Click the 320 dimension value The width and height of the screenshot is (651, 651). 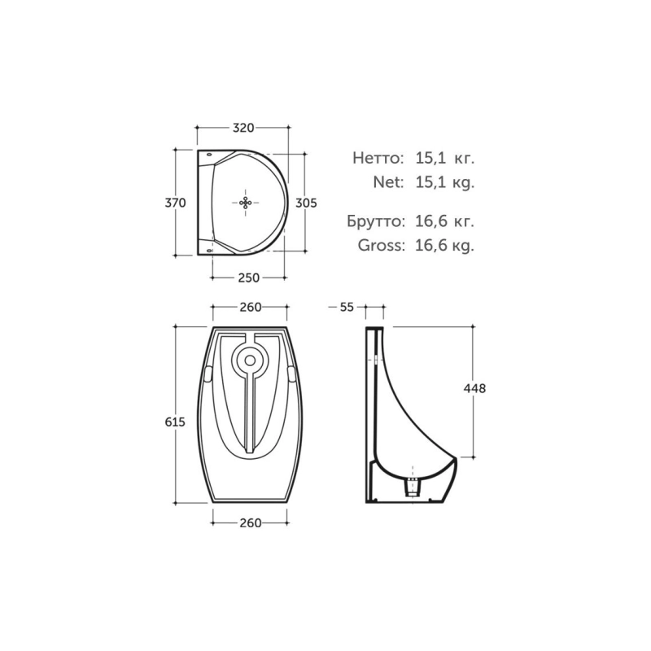coord(242,128)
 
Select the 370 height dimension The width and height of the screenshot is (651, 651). coord(176,203)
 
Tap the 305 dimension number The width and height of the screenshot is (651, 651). coord(306,203)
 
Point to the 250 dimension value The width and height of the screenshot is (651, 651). coord(249,277)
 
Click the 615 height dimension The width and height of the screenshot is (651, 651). coord(175,422)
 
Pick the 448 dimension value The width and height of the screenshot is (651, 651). coord(474,389)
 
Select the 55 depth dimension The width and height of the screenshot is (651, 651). coord(347,307)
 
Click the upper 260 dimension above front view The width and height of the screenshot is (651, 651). coord(251,307)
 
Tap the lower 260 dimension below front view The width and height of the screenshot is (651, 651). coord(251,522)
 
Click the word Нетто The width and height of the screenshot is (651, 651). coord(378,158)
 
